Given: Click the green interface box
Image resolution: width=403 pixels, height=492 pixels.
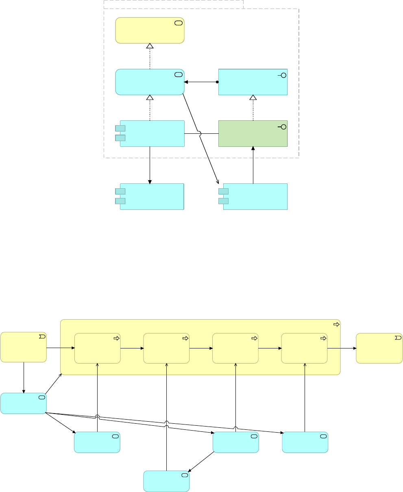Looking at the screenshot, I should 253,133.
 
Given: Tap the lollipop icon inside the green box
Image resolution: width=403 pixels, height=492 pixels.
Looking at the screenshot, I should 282,127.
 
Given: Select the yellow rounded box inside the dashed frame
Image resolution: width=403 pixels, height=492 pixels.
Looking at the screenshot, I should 150,30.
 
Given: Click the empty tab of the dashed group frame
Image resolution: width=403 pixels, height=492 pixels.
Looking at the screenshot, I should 174,4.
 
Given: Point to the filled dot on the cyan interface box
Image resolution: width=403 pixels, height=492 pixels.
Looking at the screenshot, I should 217,82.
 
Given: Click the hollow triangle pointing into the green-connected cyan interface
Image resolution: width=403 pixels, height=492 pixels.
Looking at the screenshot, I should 253,98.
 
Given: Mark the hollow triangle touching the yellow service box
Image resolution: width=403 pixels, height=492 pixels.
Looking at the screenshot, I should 150,46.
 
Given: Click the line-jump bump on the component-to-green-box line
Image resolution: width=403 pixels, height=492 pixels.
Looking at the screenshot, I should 200,133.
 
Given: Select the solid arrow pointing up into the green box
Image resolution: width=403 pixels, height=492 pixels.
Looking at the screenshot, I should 253,149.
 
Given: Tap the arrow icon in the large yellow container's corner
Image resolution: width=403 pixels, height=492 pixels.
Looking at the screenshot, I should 336,324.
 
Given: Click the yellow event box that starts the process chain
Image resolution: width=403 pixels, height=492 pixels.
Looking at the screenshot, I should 24,347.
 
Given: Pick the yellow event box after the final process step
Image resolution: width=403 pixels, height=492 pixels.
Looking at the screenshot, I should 379,348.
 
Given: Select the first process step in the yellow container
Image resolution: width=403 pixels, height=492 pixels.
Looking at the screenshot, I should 98,348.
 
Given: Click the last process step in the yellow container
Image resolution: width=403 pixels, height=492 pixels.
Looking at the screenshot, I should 304,348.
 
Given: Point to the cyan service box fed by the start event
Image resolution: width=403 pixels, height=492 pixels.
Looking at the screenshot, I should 23,403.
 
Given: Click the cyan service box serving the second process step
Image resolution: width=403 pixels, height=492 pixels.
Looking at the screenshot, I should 166,481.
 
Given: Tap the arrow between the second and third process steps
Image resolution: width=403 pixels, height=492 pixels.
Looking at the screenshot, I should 200,348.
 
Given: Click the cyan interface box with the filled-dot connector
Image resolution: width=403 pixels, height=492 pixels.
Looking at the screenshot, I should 253,82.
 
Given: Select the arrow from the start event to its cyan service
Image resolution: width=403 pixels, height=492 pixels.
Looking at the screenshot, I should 24,378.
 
